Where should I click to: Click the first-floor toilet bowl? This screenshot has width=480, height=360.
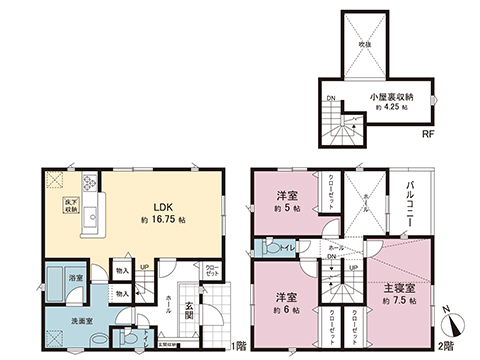[131, 336]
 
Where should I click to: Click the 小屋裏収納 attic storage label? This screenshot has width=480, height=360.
[391, 98]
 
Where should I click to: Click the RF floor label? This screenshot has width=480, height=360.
[426, 133]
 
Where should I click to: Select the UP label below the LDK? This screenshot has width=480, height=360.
[146, 266]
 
